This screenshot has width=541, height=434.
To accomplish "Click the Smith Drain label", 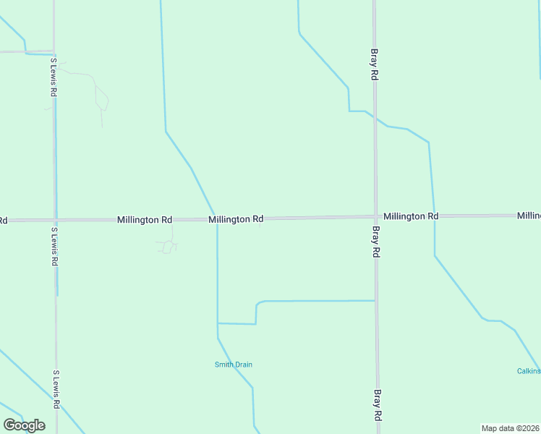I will point(233,365).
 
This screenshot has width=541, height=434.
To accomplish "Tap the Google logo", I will point(24,425).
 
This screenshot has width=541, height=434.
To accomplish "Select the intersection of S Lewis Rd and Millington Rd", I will point(55,220).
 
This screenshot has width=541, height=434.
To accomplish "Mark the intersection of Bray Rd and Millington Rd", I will point(375,216).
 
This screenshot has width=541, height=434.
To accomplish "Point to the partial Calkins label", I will point(529,371).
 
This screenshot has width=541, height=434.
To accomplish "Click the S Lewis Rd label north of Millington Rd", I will point(54,79).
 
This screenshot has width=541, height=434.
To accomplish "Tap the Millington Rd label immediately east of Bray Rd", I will point(411,216).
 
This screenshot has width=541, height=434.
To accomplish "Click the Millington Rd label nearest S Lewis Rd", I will point(145,219).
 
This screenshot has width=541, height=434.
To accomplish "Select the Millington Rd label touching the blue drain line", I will point(236,218).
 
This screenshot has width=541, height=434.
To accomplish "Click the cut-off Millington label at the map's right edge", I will point(529,216).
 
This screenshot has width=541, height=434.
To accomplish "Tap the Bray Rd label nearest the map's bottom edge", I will point(377,406).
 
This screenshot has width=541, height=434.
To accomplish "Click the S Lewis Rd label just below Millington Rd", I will point(54,247).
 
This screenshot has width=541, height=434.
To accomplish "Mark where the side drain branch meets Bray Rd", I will point(375,300).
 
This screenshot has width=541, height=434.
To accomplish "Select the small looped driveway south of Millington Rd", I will point(167,247).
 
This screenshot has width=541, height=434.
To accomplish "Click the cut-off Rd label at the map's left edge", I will point(3,220).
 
